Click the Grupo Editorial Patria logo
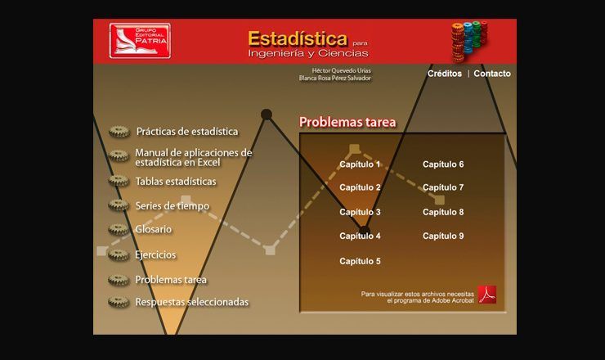coord(140,41)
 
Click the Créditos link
coord(444,74)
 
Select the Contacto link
coord(492,74)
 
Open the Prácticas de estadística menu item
coord(187,132)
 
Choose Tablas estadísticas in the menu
coord(176,181)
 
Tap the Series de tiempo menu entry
coord(172,206)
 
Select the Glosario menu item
coord(153,229)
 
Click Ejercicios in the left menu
coord(155,254)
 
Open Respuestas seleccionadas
coord(192,302)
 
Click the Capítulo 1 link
coord(360,164)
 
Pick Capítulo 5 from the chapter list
coord(360,261)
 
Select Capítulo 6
coord(443,164)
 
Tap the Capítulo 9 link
coord(443,236)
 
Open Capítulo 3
coord(360,212)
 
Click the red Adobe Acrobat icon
coord(487,295)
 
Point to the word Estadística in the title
coord(298,38)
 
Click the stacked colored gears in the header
coord(469,41)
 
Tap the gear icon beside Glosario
coord(119,229)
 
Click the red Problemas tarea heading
coord(347,122)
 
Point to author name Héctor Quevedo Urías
coord(341,70)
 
